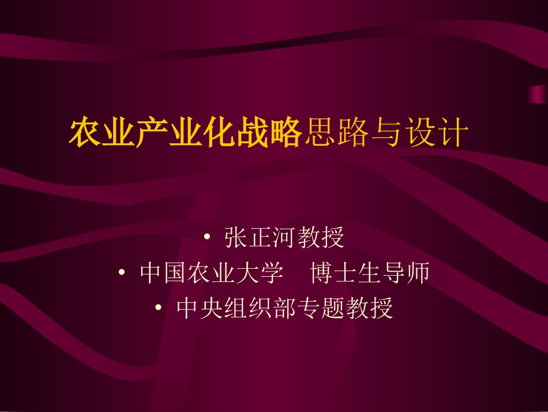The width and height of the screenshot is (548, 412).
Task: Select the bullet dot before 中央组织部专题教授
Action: click(x=159, y=309)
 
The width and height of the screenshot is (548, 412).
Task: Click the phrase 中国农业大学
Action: click(x=212, y=273)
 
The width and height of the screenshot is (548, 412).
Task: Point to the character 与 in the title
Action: click(x=385, y=133)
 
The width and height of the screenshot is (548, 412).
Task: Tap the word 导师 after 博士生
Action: click(x=406, y=273)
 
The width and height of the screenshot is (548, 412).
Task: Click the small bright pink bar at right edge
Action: click(x=538, y=94)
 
